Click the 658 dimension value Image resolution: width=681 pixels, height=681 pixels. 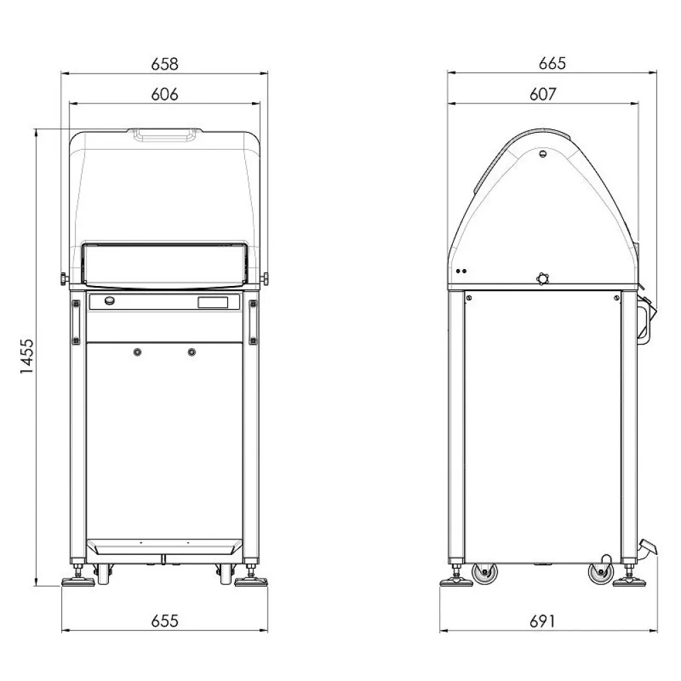point(165,64)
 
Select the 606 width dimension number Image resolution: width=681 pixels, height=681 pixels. point(165,95)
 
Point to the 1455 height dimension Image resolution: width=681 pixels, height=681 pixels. point(28,357)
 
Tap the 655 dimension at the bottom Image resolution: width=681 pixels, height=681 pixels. point(165,620)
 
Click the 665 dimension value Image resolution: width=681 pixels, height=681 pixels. point(552,64)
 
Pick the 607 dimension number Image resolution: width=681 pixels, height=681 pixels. point(543,95)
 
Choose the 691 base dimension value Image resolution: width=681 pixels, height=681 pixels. point(543,620)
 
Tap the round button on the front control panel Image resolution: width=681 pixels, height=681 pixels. point(108,300)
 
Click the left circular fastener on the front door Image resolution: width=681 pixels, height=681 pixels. point(138,351)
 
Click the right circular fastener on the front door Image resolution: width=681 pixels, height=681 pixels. point(191,351)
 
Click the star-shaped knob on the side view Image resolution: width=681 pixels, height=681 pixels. point(542,278)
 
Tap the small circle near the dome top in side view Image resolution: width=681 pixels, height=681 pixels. point(543,155)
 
